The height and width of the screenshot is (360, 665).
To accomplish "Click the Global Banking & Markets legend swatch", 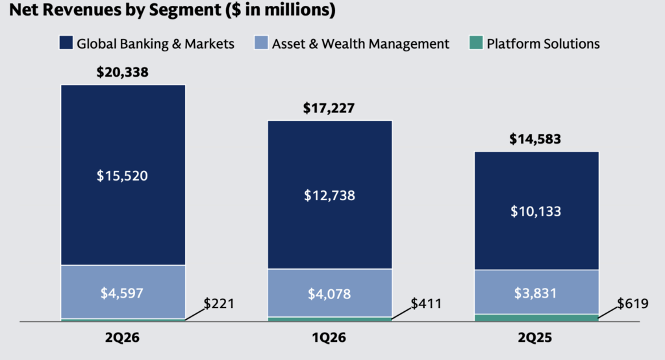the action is (66, 42).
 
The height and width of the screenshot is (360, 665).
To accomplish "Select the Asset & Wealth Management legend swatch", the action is (261, 42).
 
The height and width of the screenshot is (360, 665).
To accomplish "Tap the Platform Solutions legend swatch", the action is (476, 42).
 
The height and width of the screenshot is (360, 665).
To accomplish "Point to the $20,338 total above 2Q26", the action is (123, 72).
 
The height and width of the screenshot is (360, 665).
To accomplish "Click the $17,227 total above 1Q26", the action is (329, 109).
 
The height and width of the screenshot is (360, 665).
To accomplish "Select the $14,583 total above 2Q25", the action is (535, 139).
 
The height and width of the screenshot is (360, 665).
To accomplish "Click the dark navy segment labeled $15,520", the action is (123, 175).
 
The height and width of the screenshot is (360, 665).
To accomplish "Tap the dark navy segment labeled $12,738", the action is (329, 194).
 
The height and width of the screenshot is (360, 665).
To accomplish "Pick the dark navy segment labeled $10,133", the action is (536, 211).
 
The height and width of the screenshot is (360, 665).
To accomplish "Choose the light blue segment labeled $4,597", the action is (123, 292).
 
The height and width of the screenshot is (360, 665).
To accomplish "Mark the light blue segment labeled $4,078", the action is (329, 293).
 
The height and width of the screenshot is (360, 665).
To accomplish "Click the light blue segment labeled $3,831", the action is (536, 292).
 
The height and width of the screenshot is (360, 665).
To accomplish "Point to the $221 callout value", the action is (219, 303).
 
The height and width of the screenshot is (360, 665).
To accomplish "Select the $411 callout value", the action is (426, 303).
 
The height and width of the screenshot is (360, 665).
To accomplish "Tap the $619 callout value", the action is (633, 303).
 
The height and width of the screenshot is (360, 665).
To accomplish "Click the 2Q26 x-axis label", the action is (122, 337).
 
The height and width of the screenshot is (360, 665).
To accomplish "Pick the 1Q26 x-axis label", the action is (329, 337).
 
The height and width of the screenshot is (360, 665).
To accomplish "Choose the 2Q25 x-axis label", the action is (535, 337).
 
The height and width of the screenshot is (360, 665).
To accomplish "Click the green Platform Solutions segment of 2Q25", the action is (536, 318).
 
